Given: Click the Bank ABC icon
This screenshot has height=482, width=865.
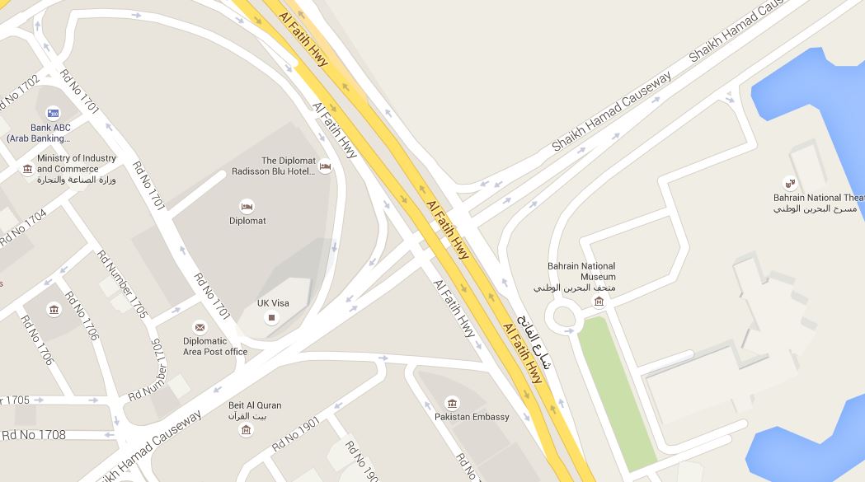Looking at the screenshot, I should [x=53, y=113].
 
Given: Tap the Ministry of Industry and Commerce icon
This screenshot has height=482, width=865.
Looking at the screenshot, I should [x=27, y=170].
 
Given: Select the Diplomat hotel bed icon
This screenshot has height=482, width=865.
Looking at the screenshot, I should [x=246, y=206].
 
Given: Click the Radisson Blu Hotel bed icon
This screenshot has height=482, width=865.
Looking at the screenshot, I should [x=325, y=166].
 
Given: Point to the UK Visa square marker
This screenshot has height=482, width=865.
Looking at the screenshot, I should [x=272, y=317].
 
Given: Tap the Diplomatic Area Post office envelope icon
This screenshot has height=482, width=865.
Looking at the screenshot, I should [x=200, y=327].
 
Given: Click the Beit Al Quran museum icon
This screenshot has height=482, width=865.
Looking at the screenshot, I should [x=245, y=430].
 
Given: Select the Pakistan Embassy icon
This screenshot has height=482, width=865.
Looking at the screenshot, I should [x=452, y=402].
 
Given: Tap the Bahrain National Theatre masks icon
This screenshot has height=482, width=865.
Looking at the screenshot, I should [x=789, y=183].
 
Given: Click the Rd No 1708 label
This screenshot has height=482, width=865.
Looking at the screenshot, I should [x=34, y=434].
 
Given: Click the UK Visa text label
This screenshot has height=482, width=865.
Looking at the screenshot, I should [x=273, y=303].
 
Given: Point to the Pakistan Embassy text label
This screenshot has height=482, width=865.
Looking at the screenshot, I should [x=472, y=417].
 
